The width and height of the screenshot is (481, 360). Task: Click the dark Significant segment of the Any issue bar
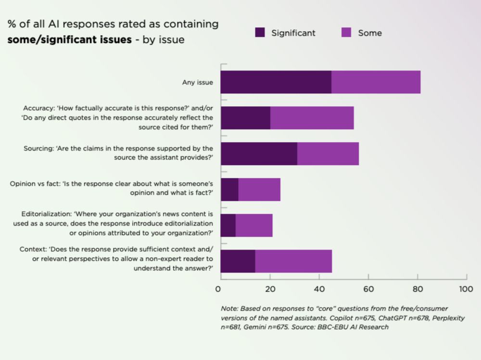(x=276, y=82)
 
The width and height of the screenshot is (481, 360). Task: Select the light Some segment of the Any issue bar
(x=376, y=82)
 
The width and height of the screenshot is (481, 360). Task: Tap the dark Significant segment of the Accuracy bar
(x=245, y=118)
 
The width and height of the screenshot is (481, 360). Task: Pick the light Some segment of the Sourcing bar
(x=328, y=154)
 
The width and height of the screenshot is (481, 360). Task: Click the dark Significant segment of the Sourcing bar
(x=259, y=154)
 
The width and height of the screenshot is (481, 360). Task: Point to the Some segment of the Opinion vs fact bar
(x=259, y=189)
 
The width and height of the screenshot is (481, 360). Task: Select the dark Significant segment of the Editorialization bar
(x=228, y=225)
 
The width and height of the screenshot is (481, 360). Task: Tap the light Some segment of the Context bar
(x=293, y=261)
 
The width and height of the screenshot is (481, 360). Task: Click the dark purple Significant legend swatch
(x=260, y=33)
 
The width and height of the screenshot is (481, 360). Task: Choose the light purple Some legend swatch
(x=346, y=33)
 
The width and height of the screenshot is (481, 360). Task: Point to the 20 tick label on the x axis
(x=270, y=289)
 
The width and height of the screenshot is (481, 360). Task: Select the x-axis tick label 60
(x=368, y=289)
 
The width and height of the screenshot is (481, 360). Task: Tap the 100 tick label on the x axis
(x=466, y=289)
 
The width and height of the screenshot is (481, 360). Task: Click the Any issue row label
(x=197, y=83)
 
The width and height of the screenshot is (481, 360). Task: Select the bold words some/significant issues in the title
(x=69, y=39)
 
